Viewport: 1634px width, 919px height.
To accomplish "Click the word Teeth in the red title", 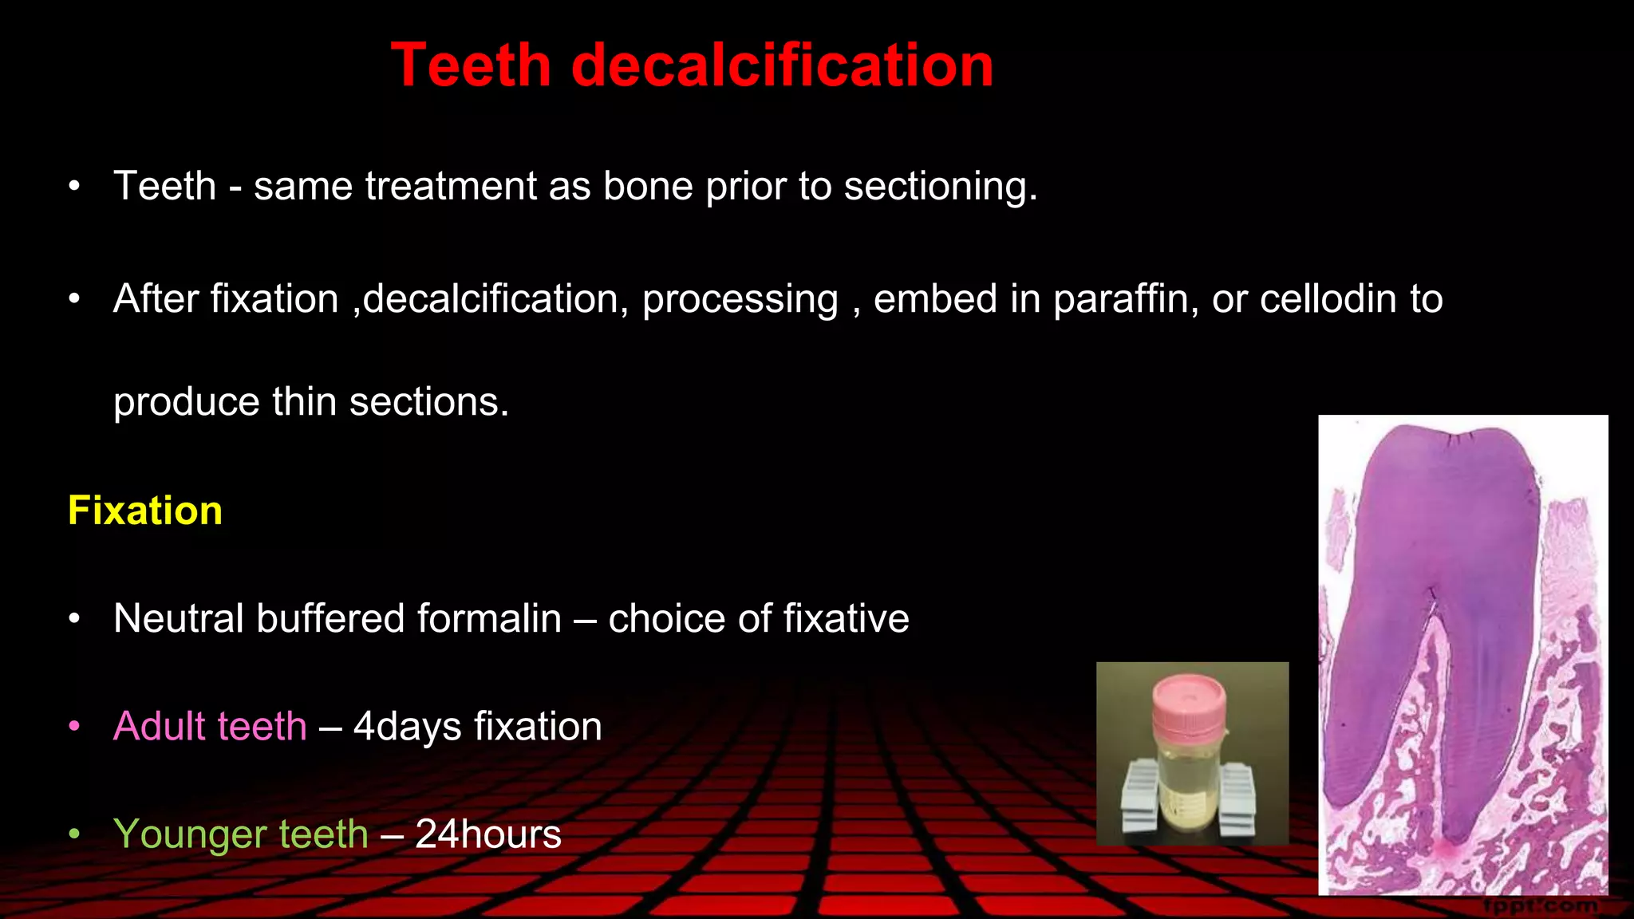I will (x=471, y=65).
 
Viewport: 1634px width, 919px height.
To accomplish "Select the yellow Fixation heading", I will (x=145, y=511).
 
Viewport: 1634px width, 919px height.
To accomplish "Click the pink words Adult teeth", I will (x=210, y=726).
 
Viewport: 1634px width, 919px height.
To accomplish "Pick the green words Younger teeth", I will (x=241, y=834).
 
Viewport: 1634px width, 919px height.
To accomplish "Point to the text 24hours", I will (x=488, y=834).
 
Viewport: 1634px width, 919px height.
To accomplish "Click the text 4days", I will (x=407, y=726).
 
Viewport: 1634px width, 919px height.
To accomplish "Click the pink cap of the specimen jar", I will (x=1189, y=702).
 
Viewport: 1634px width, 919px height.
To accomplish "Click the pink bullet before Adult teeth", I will (x=74, y=726).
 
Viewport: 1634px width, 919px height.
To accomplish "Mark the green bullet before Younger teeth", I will (x=74, y=834).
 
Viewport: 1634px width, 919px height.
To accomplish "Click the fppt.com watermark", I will (x=1540, y=906).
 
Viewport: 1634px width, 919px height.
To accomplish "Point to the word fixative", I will (x=846, y=618).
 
